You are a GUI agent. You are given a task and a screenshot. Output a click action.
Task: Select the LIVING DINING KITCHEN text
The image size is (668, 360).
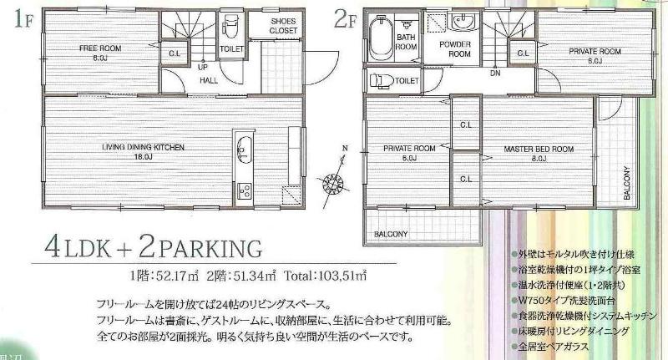(137, 147)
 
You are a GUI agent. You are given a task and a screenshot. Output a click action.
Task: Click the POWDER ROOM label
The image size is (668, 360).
(460, 48)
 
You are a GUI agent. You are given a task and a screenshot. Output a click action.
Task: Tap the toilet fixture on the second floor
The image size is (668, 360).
(381, 81)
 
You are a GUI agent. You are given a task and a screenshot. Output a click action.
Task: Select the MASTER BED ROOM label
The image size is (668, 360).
(538, 148)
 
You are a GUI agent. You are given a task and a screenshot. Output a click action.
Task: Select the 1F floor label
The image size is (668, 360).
(23, 18)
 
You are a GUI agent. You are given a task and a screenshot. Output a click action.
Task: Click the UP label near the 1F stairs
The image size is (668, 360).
(204, 67)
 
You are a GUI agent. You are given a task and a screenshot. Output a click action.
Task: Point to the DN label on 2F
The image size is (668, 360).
(495, 73)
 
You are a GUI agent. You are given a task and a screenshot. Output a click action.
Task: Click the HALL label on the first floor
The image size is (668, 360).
(209, 80)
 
